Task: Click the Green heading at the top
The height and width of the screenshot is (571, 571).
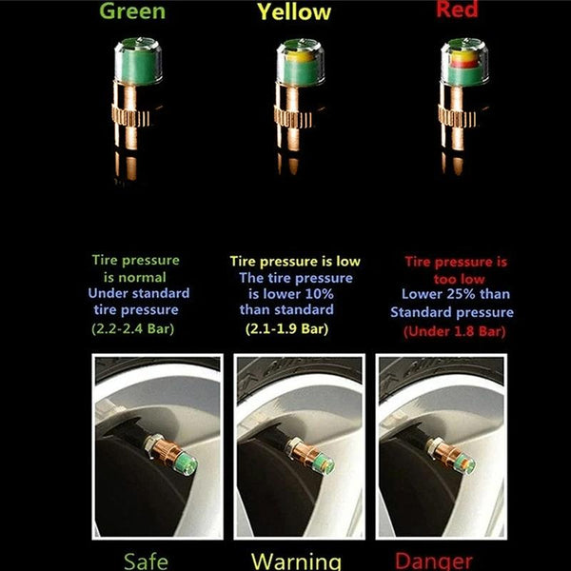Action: tap(132, 11)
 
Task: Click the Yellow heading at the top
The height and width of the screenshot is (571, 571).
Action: tap(294, 12)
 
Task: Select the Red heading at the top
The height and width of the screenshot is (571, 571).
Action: tap(457, 10)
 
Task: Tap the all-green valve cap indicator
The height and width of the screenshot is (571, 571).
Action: tap(138, 61)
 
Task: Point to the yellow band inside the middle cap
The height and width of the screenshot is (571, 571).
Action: tap(300, 56)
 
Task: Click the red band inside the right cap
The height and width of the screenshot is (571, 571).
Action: tap(464, 65)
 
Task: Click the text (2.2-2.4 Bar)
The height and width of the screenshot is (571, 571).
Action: tap(133, 329)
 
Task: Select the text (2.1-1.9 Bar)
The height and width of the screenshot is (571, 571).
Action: tap(286, 329)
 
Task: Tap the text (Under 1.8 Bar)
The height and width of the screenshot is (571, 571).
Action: tap(455, 331)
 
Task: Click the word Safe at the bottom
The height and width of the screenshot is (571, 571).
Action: tap(146, 561)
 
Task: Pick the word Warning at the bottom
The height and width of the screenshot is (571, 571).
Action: tap(296, 561)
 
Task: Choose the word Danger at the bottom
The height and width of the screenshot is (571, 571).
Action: tap(433, 561)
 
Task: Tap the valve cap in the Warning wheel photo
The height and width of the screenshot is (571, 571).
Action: tap(324, 463)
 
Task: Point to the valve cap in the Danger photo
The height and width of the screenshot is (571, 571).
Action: tap(465, 463)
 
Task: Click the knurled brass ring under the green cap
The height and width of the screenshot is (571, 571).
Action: tap(130, 117)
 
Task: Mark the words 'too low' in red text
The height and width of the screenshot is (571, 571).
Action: tap(460, 279)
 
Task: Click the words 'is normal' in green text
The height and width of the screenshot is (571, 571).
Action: tap(135, 278)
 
